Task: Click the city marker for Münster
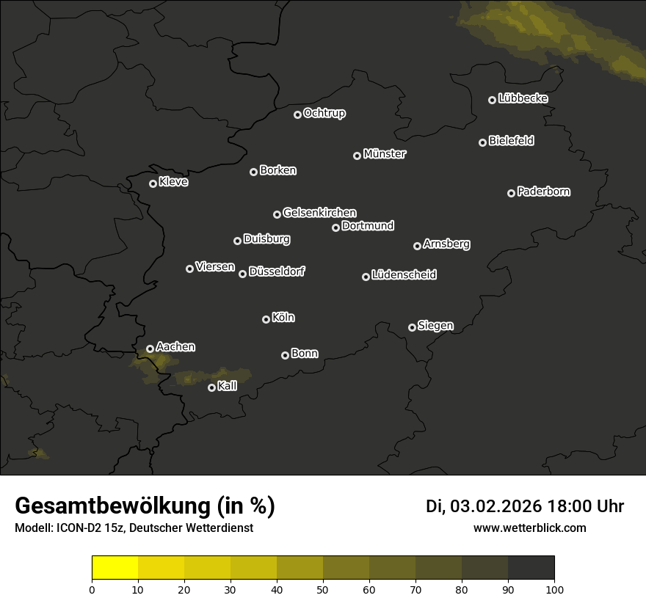tap(357, 156)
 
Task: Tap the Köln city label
tap(283, 318)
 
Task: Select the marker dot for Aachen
tap(150, 349)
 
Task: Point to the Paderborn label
tap(544, 192)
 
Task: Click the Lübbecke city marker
tap(492, 100)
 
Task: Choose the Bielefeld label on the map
tap(512, 140)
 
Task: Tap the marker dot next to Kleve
tap(153, 183)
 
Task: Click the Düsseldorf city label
tap(277, 271)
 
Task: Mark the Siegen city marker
tap(412, 327)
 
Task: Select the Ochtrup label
tap(324, 113)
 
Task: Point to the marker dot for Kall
tap(211, 387)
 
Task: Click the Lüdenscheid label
tap(404, 274)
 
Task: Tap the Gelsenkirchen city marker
tap(277, 214)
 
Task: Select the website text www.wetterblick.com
tap(530, 528)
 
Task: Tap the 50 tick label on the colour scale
tap(323, 588)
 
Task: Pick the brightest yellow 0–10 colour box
tap(115, 567)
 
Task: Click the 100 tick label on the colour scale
tap(554, 588)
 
